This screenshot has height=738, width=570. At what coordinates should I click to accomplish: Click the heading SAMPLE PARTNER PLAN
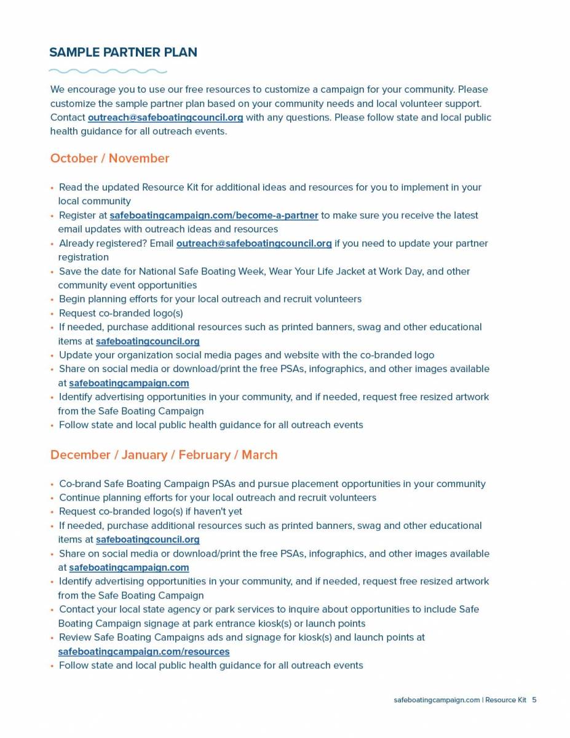point(123,52)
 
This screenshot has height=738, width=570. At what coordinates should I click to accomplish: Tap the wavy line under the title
point(108,71)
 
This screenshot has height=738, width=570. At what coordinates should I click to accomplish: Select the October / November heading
point(109,158)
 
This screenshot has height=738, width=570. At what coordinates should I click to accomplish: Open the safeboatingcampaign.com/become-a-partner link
point(213,215)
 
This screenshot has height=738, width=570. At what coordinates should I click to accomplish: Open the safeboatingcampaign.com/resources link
point(143,651)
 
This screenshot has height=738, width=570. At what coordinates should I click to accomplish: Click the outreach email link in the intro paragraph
point(165,117)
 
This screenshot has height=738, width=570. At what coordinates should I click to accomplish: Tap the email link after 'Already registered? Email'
point(254,244)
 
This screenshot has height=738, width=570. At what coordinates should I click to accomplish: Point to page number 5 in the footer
point(534,700)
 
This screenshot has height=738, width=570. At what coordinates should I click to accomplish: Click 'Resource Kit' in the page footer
point(505,700)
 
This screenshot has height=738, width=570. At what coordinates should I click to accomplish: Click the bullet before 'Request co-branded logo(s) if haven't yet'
point(53,512)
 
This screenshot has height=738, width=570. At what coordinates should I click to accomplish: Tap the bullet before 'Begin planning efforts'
point(53,300)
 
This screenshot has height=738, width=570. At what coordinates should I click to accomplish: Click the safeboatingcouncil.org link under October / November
point(148,341)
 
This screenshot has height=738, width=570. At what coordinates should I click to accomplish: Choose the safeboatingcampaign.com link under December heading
point(129,568)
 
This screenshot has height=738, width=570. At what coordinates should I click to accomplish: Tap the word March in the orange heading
point(259,454)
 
